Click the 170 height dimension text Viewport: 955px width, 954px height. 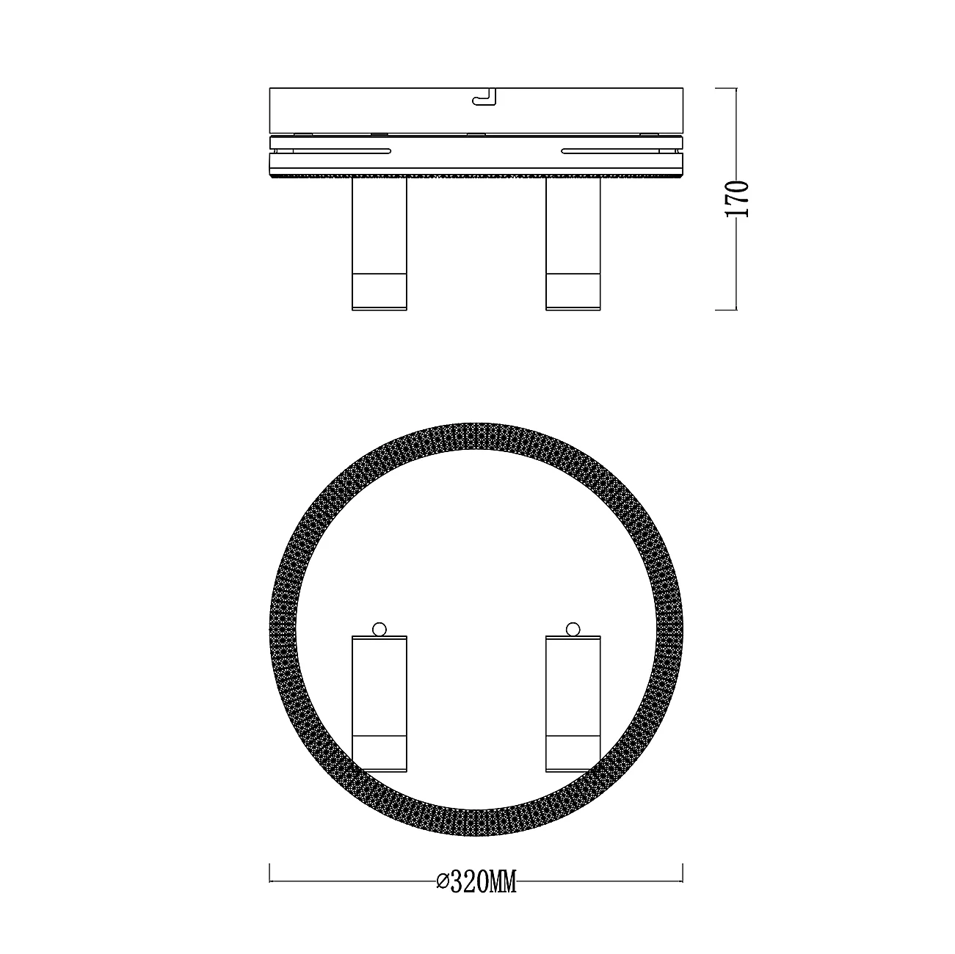pyautogui.click(x=736, y=199)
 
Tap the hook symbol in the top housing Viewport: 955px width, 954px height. pyautogui.click(x=484, y=97)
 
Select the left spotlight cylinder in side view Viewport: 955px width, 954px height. pyautogui.click(x=379, y=244)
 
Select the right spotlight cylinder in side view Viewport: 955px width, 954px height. pyautogui.click(x=573, y=244)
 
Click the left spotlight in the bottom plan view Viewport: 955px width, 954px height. pyautogui.click(x=379, y=703)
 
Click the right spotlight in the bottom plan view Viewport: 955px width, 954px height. pyautogui.click(x=573, y=703)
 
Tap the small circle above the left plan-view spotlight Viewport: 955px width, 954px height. pyautogui.click(x=379, y=629)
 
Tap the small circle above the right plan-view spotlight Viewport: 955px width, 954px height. pyautogui.click(x=573, y=629)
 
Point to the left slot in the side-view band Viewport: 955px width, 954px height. pyautogui.click(x=341, y=150)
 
